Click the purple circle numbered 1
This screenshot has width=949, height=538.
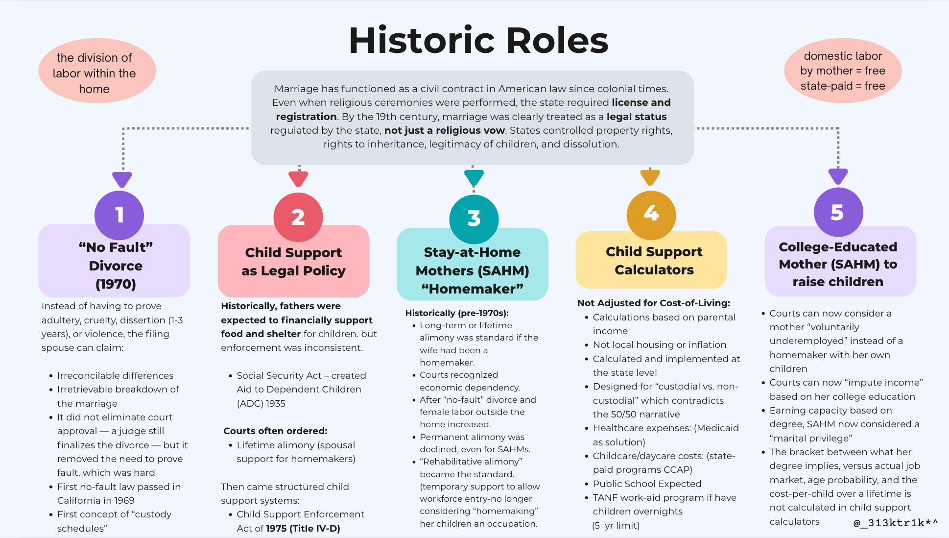click(119, 215)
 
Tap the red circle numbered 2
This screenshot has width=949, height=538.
click(298, 217)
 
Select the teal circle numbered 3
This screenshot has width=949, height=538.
click(474, 219)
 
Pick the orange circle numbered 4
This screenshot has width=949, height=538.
click(651, 215)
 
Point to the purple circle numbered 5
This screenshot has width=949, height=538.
click(838, 212)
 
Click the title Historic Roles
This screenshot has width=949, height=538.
click(478, 40)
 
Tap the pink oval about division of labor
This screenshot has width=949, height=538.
click(97, 71)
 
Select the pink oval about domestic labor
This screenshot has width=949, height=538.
click(843, 71)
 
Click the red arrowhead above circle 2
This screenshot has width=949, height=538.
click(298, 179)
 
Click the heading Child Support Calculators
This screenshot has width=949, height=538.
click(654, 261)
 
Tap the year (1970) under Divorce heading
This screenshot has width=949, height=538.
click(116, 284)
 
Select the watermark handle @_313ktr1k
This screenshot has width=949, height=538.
click(896, 523)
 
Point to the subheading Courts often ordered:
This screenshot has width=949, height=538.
click(275, 431)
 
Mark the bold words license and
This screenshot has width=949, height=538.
click(641, 102)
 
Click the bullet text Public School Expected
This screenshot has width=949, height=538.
click(647, 484)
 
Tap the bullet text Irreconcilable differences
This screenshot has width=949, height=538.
click(115, 375)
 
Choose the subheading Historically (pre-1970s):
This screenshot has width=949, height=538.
click(457, 313)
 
